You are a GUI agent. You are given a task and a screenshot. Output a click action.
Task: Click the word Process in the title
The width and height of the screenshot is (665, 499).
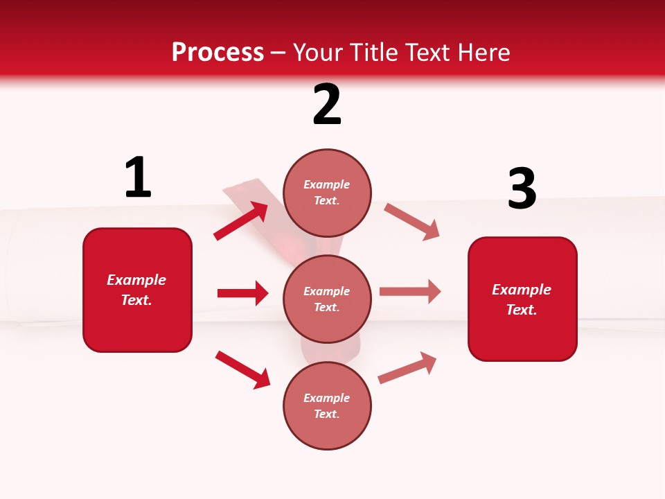218,53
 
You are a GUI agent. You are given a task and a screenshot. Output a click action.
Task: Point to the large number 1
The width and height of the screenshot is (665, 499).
138,178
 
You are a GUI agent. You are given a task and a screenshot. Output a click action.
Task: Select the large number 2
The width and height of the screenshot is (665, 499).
327,105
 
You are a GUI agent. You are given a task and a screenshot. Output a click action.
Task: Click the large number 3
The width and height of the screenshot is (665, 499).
522,189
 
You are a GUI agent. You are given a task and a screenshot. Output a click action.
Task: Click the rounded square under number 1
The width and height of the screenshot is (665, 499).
137,290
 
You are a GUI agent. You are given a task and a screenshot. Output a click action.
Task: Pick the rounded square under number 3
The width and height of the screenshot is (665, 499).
522,299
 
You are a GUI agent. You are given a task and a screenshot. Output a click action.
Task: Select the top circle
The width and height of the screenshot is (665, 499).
327,192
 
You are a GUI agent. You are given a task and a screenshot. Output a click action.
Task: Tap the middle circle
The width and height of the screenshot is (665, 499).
327,299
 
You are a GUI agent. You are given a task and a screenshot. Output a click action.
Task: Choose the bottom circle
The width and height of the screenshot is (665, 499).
327,405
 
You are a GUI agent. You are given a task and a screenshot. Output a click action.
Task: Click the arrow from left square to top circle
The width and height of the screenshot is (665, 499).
241,221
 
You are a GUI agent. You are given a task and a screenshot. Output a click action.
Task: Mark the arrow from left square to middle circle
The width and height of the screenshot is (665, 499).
242,293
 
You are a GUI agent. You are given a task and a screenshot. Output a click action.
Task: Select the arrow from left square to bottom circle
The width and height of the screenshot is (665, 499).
242,369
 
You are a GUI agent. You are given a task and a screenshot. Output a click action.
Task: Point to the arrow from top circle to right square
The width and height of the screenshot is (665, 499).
412,221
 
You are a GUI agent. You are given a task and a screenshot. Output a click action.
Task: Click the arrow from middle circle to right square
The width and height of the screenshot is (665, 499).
410,292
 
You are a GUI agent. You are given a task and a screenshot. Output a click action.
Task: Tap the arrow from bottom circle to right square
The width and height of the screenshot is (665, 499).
407,368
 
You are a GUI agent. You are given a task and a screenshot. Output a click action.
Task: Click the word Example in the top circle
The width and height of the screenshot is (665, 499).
327,184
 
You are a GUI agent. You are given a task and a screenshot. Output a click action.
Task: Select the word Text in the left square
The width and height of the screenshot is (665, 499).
136,301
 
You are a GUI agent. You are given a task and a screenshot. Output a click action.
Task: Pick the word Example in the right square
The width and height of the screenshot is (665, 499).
522,290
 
